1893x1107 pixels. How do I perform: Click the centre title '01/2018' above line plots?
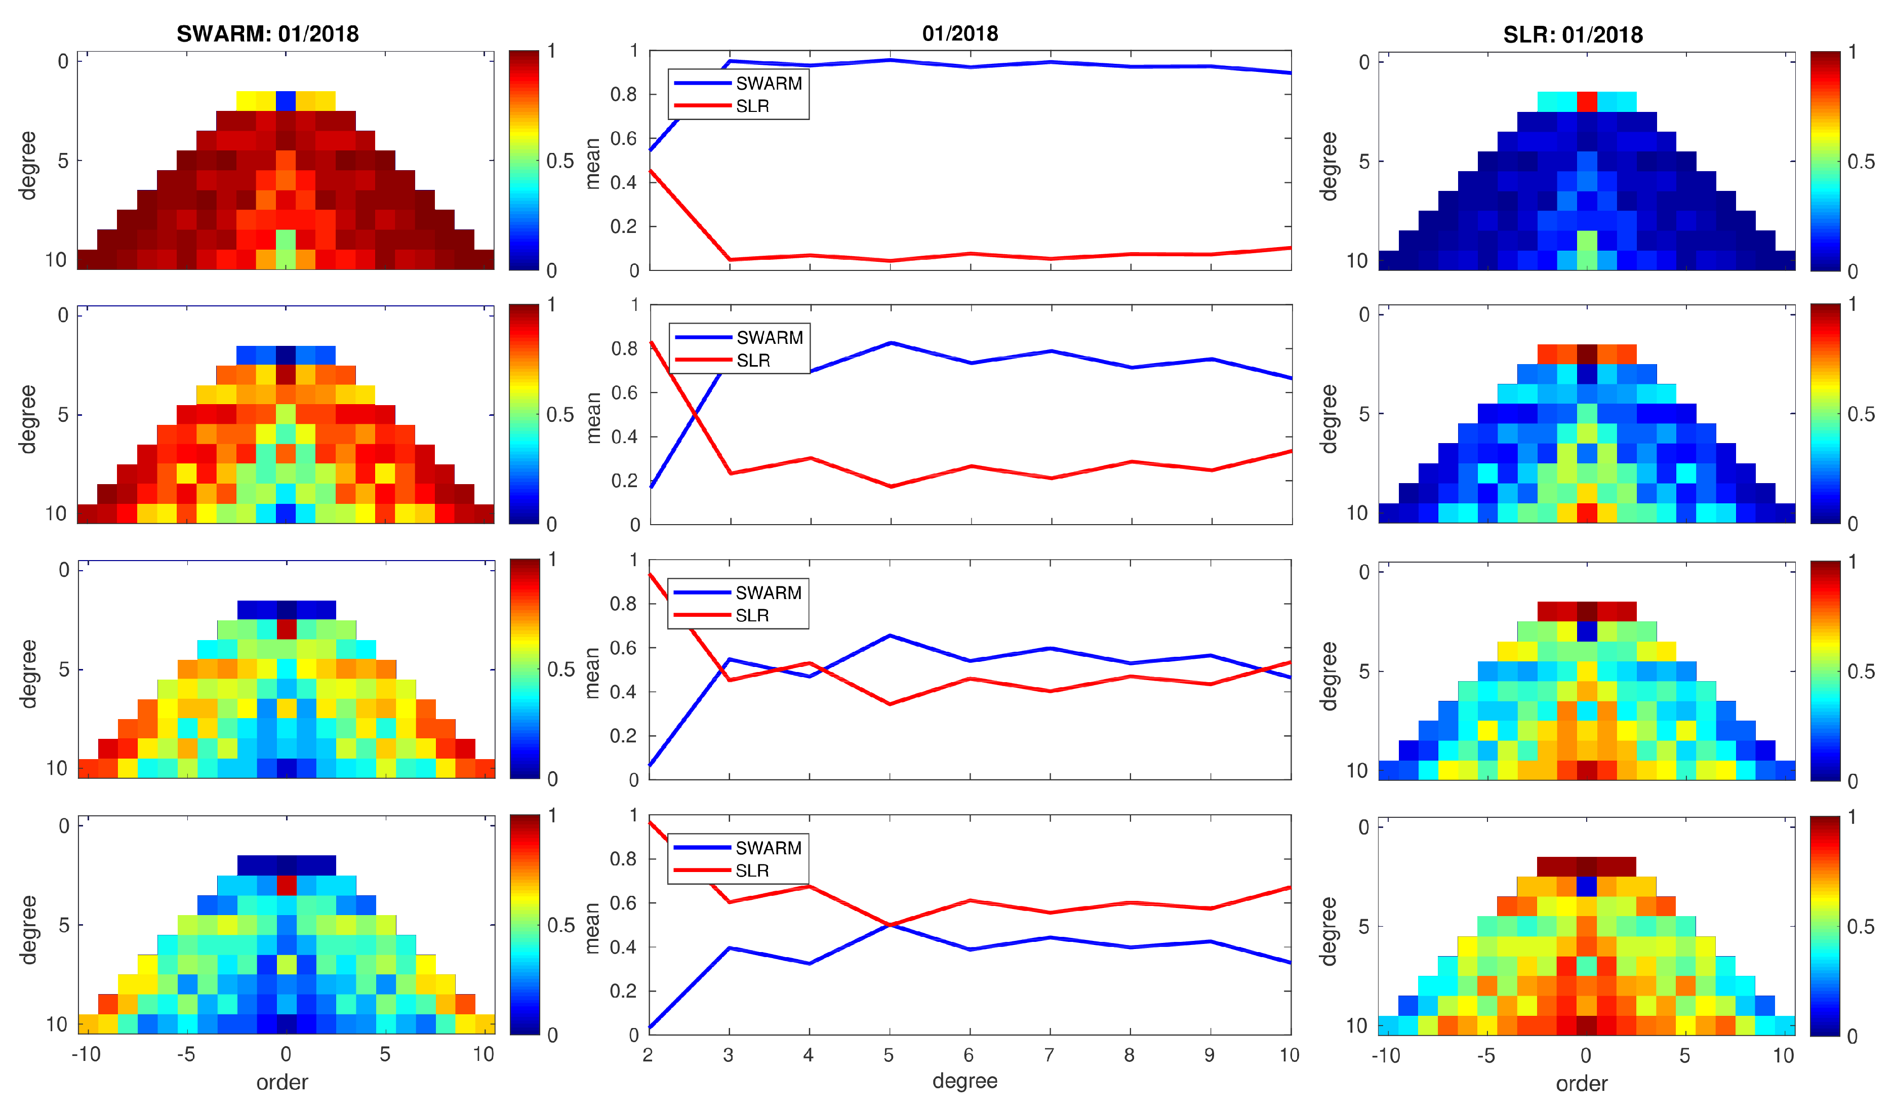[x=959, y=33]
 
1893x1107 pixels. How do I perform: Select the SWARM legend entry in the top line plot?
[x=768, y=84]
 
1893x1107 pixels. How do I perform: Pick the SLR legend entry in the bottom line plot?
[x=752, y=871]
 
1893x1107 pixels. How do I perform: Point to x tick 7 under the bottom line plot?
[x=1049, y=1055]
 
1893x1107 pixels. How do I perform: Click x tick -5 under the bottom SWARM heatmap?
[x=185, y=1054]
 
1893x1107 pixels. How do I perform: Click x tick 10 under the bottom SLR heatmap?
[x=1783, y=1055]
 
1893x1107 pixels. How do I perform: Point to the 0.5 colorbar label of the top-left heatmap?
[x=560, y=161]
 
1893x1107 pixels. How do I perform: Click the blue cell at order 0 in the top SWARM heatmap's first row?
[x=286, y=101]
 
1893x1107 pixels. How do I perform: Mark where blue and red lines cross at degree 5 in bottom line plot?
[x=890, y=924]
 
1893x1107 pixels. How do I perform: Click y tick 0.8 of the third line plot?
[x=623, y=604]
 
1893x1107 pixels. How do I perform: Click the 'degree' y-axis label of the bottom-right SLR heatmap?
[x=1329, y=930]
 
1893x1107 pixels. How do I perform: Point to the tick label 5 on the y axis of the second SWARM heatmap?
[x=63, y=414]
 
